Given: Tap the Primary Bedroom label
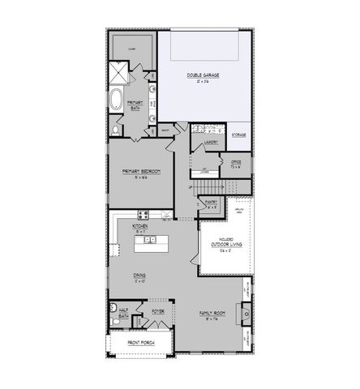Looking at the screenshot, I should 141,172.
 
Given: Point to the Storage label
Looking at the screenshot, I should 239,135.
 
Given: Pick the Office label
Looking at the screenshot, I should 236,162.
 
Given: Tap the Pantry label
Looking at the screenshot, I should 210,206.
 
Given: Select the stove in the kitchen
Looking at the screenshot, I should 144,216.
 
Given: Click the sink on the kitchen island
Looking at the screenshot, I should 150,240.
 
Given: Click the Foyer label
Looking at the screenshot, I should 157,309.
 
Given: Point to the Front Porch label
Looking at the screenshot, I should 139,344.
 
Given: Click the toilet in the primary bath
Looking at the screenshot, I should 116,128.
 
